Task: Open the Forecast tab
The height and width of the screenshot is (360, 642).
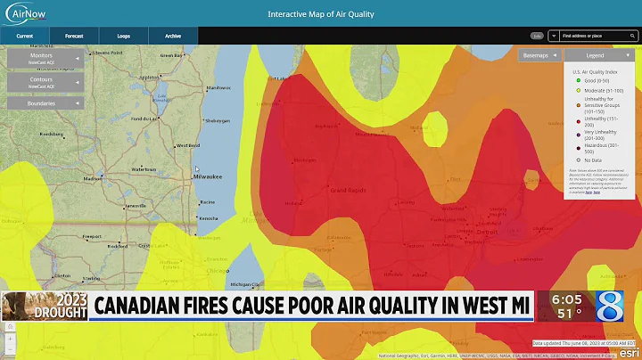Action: pyautogui.click(x=74, y=37)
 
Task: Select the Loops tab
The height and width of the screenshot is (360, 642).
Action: pyautogui.click(x=123, y=37)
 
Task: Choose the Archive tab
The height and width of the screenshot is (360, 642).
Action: pyautogui.click(x=172, y=37)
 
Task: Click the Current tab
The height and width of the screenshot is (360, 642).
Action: pyautogui.click(x=25, y=37)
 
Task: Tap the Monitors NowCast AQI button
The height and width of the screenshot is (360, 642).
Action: pyautogui.click(x=44, y=60)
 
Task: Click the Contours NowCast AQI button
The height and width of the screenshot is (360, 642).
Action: pyautogui.click(x=44, y=83)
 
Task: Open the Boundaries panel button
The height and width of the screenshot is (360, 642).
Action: pyautogui.click(x=44, y=102)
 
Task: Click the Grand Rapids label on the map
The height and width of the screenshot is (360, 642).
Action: pyautogui.click(x=350, y=190)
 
